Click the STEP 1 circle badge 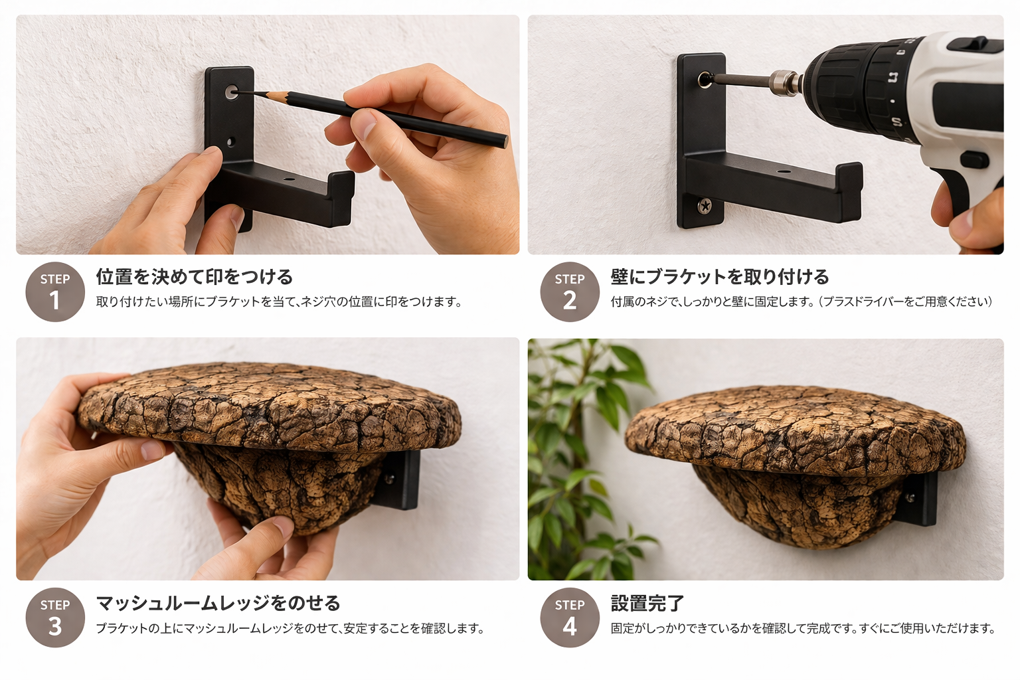[55, 292]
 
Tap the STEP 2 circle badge [569, 292]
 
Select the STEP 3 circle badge [55, 618]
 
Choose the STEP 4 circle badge [569, 618]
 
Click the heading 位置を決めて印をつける [194, 276]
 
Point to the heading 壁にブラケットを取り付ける [719, 276]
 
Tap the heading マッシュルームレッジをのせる [218, 603]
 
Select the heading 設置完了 [647, 603]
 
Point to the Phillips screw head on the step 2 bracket [704, 207]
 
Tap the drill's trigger [974, 160]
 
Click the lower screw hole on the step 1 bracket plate [231, 141]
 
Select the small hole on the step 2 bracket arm [784, 171]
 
